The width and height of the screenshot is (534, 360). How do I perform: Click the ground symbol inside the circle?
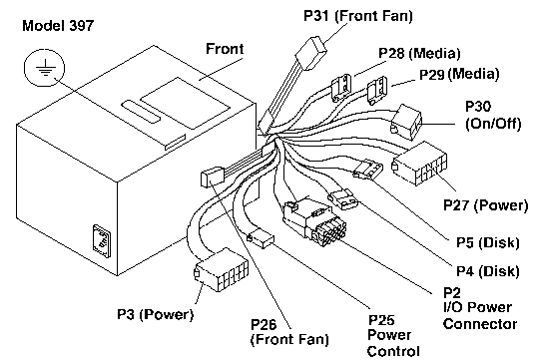tap(45, 68)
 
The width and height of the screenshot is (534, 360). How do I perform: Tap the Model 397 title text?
tap(58, 26)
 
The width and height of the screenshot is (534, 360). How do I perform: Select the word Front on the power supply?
tap(225, 49)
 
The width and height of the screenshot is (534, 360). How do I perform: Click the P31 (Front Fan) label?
tap(358, 16)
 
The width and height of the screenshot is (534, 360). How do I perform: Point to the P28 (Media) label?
tap(419, 53)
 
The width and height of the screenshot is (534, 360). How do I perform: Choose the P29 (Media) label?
tap(459, 74)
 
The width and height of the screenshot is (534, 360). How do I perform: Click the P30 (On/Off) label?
tap(493, 115)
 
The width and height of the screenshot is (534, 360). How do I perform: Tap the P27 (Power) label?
tap(486, 205)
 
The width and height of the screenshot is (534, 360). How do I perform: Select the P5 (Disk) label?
tap(488, 242)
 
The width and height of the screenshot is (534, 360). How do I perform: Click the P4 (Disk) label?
tap(488, 271)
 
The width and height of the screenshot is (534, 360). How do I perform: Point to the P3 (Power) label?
tap(156, 314)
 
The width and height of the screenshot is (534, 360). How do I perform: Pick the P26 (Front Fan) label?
tap(289, 332)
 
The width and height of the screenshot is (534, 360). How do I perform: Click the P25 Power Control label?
tap(393, 335)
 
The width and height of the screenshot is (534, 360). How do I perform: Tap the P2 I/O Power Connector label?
tap(480, 308)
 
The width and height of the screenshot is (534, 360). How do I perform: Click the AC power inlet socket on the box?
tap(102, 241)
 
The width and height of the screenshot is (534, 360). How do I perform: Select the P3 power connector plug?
tap(222, 270)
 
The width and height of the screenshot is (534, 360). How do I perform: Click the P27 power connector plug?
tap(419, 164)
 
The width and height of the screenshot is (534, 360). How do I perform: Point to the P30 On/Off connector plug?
tap(406, 122)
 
